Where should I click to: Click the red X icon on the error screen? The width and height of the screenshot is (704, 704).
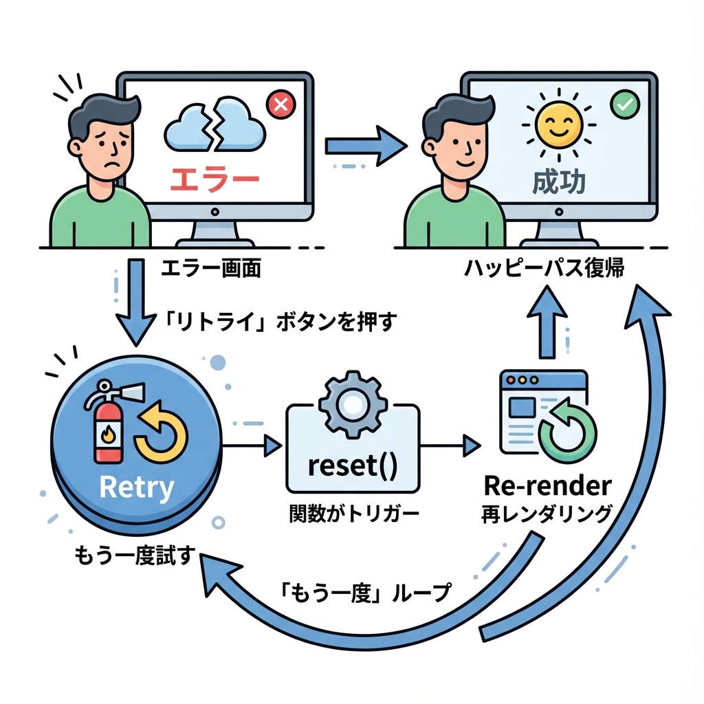point(279,105)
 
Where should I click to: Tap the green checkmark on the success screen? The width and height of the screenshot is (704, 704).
point(624,105)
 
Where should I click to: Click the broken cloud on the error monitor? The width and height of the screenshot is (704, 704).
point(215,125)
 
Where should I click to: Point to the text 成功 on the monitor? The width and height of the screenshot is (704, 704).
point(559,182)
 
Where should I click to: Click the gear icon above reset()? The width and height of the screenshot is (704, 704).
point(351,406)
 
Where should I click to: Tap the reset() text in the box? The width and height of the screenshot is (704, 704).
point(353,467)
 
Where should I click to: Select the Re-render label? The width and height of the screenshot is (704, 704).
point(547,486)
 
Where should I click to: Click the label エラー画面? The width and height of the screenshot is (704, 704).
point(210,269)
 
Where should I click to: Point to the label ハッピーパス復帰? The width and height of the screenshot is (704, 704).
point(543,269)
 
